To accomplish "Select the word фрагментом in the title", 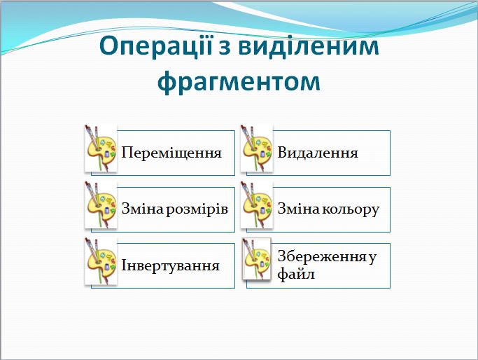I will [239, 81].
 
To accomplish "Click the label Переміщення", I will [171, 153].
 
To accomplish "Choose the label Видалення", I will [318, 153].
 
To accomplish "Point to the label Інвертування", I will [171, 266].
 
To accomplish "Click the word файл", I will [296, 274].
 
